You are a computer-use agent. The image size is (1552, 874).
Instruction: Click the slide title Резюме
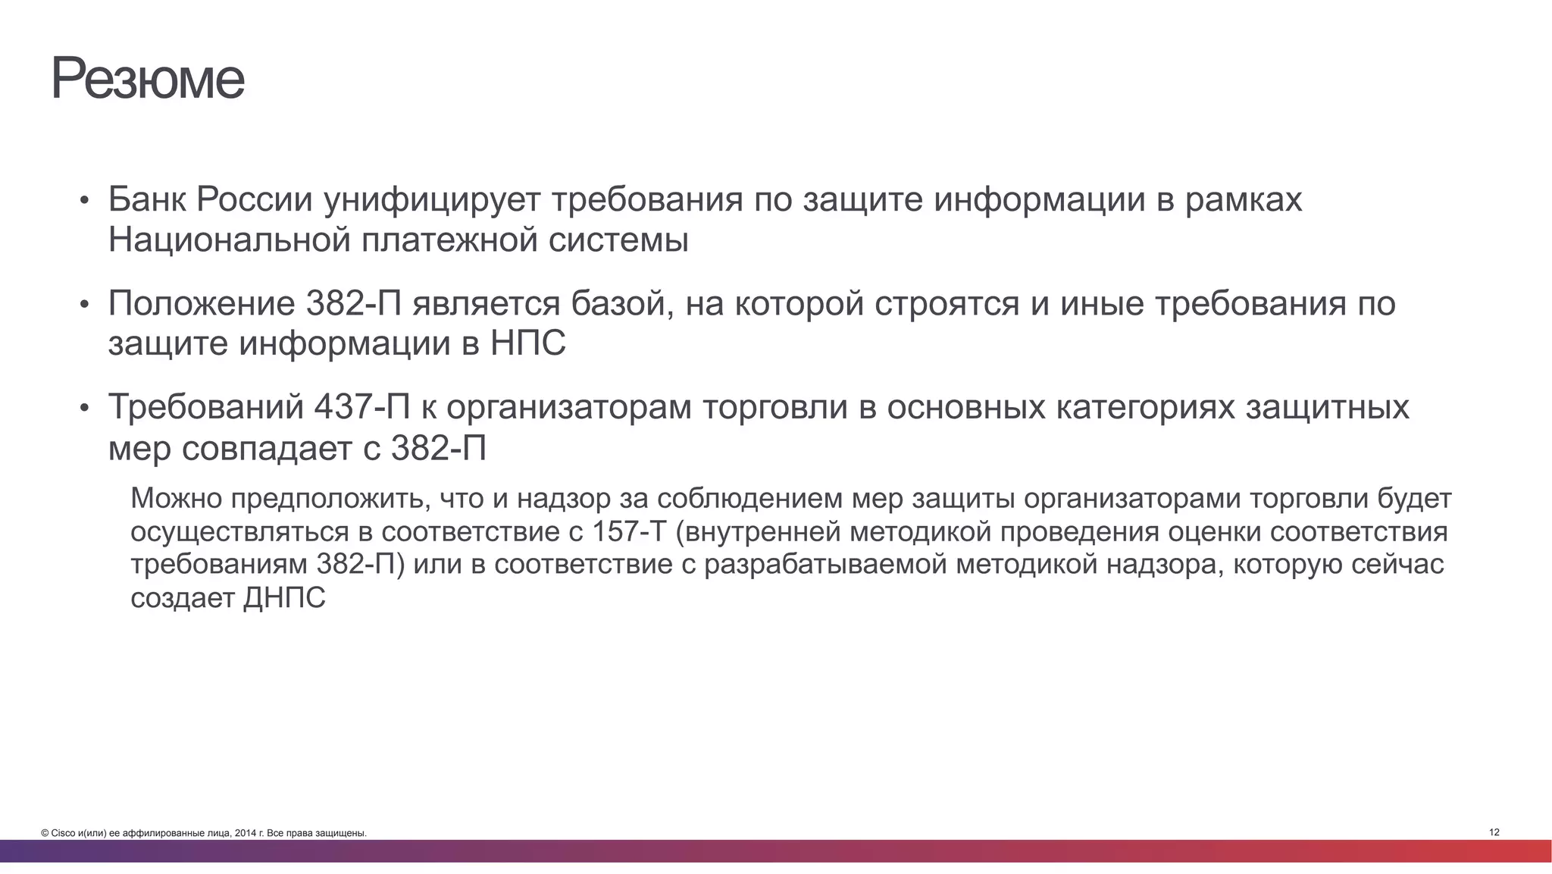pos(148,78)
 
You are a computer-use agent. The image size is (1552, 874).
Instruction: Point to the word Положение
pos(202,304)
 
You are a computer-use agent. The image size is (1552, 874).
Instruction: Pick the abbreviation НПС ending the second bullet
pos(528,343)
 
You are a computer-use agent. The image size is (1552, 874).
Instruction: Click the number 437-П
pos(361,407)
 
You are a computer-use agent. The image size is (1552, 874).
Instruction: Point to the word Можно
pos(177,499)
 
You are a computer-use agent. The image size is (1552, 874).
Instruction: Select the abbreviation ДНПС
pos(284,598)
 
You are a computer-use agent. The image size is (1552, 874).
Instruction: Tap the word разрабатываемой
pos(826,565)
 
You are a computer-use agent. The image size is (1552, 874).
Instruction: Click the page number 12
pos(1494,832)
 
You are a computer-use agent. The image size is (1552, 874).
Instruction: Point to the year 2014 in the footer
pos(244,834)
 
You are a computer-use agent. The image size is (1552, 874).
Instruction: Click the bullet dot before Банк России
pos(85,202)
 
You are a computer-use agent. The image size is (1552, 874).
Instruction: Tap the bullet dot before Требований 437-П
pos(85,409)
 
